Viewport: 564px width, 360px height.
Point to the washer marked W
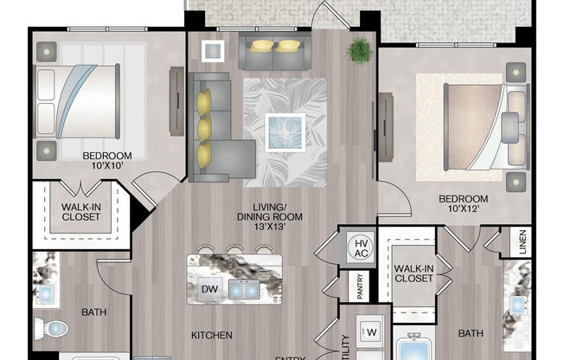372,331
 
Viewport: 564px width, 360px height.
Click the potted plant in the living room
356,51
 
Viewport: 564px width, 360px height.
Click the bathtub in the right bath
417,349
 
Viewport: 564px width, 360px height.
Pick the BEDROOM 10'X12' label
464,204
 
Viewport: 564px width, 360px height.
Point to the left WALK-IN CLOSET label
80,211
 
